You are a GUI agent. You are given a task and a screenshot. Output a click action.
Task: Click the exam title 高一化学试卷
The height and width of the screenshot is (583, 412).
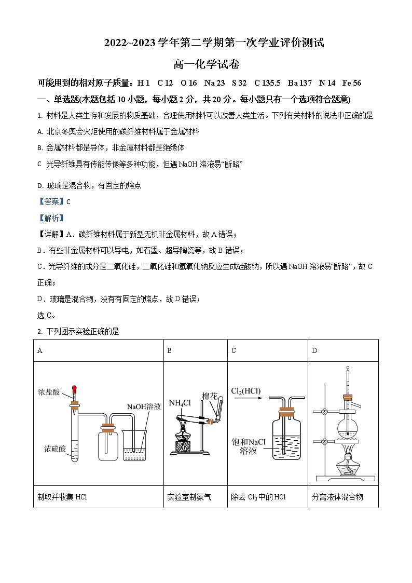point(206,64)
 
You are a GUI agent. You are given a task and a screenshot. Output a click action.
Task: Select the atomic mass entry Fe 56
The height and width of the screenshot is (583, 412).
point(351,83)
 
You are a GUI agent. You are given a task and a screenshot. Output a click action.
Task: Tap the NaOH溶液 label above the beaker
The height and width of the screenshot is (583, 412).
point(144,406)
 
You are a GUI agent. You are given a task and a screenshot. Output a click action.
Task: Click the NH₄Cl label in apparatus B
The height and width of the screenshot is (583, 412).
point(180,402)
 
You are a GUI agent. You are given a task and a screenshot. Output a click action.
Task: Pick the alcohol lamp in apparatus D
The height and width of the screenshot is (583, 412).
point(346,461)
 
